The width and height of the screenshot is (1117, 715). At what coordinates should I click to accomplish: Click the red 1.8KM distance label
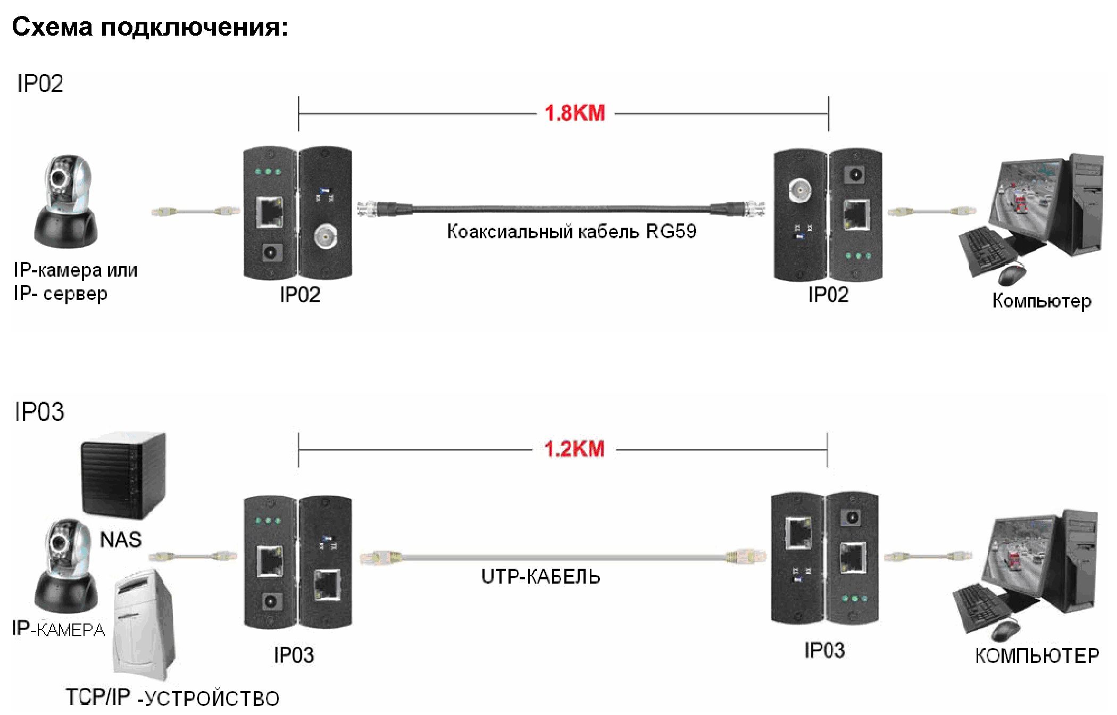click(574, 113)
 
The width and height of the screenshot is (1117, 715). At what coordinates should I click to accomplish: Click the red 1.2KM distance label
click(574, 449)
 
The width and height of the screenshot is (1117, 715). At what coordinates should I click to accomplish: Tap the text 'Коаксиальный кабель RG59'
click(571, 232)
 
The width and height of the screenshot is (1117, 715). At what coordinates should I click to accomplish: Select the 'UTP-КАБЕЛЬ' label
click(540, 577)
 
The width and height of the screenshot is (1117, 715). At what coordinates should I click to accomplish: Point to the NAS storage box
click(123, 475)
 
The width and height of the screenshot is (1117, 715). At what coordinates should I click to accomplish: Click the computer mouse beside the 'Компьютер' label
click(1012, 275)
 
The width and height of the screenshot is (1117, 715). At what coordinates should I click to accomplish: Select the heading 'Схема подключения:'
click(150, 27)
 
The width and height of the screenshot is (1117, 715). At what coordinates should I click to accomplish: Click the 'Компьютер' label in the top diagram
click(1041, 301)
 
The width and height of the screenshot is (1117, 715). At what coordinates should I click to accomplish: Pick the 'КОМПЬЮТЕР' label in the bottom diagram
click(1037, 655)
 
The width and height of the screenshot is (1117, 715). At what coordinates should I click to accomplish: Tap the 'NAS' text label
click(121, 540)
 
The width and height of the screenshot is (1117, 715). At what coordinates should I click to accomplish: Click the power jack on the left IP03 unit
click(270, 602)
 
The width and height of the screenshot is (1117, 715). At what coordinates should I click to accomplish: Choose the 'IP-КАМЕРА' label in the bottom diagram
click(59, 629)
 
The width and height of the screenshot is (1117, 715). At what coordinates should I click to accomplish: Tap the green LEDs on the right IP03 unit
click(854, 598)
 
